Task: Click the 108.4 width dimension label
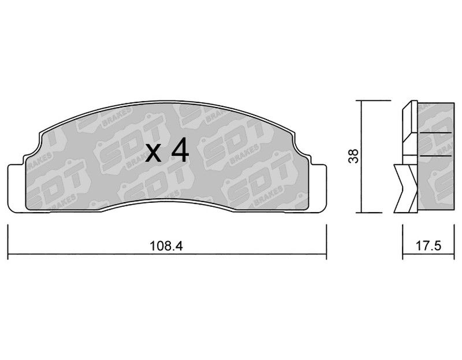(166, 246)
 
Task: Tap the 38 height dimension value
(353, 155)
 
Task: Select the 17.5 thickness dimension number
(429, 246)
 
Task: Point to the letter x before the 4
(153, 154)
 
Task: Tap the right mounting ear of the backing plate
(319, 188)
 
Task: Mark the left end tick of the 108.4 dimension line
(8, 242)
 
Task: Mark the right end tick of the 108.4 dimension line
(326, 242)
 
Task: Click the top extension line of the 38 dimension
(373, 101)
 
